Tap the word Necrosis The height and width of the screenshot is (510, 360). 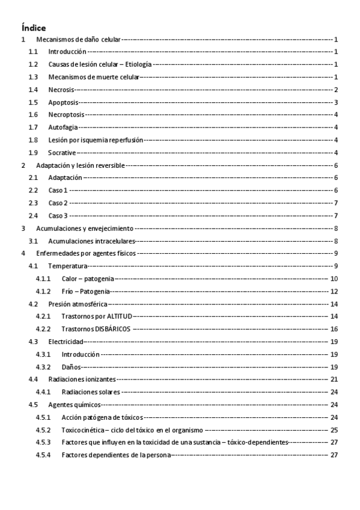tap(62, 89)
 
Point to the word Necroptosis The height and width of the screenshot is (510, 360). tap(66, 114)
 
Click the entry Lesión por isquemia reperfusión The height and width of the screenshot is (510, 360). tap(96, 140)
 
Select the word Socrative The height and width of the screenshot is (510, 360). tap(62, 152)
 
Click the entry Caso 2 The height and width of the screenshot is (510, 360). tap(58, 203)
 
